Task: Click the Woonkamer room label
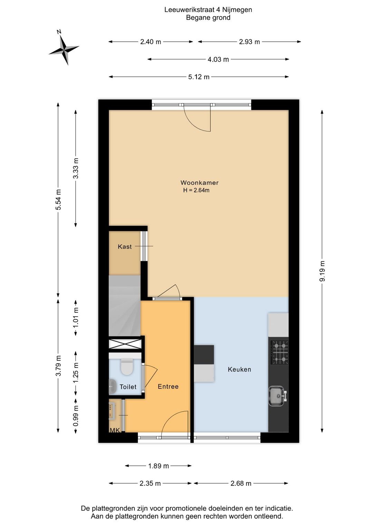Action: [199, 183]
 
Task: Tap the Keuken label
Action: [239, 370]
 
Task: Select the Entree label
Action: [168, 387]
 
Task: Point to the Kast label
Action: [125, 247]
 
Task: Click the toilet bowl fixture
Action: [127, 367]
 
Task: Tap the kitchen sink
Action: [277, 395]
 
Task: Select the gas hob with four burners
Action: [279, 352]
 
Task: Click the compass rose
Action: [64, 50]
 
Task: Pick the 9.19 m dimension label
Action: [322, 271]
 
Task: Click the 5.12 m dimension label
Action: [199, 77]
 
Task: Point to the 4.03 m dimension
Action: [218, 59]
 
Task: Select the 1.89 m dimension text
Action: [159, 466]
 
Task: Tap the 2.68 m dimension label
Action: [241, 483]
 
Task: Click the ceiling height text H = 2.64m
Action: [196, 190]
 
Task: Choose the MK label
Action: [115, 430]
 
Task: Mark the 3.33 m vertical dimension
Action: [76, 168]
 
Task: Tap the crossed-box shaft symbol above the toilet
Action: [125, 344]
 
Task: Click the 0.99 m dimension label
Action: [76, 415]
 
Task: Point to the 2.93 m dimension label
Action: [249, 42]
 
